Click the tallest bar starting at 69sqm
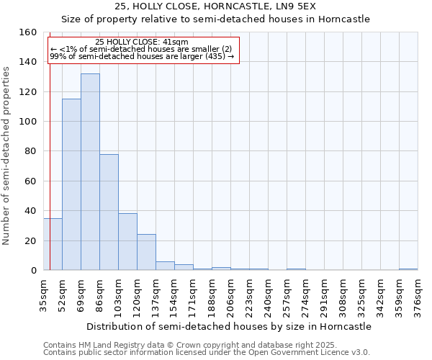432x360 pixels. click(90, 172)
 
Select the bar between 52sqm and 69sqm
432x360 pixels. click(71, 184)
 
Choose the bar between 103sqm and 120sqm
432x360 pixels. click(127, 242)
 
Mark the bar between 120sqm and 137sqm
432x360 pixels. click(146, 252)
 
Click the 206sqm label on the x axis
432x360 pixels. click(230, 295)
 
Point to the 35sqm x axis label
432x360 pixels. click(43, 295)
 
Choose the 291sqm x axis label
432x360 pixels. click(324, 295)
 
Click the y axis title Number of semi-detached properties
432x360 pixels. click(6, 151)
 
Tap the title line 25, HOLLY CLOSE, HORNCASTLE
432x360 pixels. click(215, 6)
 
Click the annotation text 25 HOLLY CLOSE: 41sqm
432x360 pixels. click(141, 42)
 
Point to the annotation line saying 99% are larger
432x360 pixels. click(142, 56)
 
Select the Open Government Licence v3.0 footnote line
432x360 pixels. click(207, 352)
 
